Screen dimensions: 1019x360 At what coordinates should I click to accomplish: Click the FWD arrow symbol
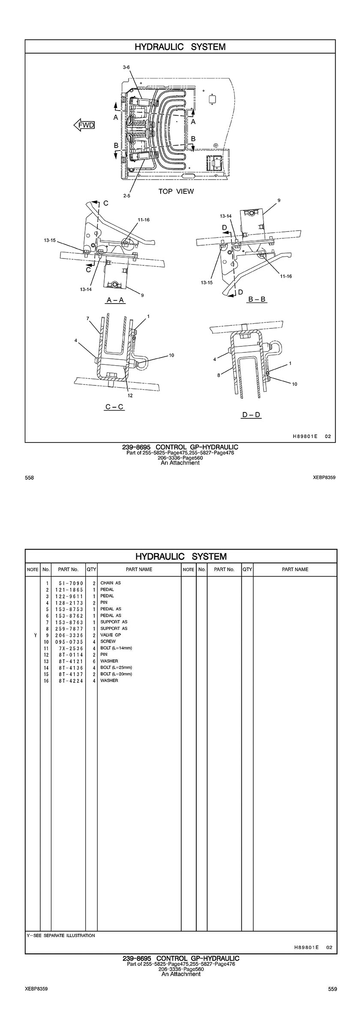pos(84,125)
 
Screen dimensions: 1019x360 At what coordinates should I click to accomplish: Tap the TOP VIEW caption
pos(176,191)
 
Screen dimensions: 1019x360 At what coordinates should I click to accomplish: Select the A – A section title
pos(115,300)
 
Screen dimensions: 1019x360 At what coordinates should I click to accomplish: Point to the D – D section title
pos(252,415)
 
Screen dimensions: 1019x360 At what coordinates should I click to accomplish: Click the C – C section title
pos(114,406)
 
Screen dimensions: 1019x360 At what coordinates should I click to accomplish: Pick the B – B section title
pos(257,299)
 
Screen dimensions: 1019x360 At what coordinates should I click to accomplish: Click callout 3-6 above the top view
pos(126,67)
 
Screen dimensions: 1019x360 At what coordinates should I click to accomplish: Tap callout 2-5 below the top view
pos(127,195)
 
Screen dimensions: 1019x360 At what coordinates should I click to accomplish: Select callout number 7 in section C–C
pos(87,319)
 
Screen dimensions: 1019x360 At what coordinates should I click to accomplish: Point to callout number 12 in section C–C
pos(130,395)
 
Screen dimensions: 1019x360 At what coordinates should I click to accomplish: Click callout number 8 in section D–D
pos(218,375)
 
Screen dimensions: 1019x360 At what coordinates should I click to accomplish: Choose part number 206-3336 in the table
pos(69,635)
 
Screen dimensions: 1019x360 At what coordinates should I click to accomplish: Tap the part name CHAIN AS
pos(111,583)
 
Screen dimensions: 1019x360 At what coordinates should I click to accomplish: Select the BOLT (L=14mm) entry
pos(116,648)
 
